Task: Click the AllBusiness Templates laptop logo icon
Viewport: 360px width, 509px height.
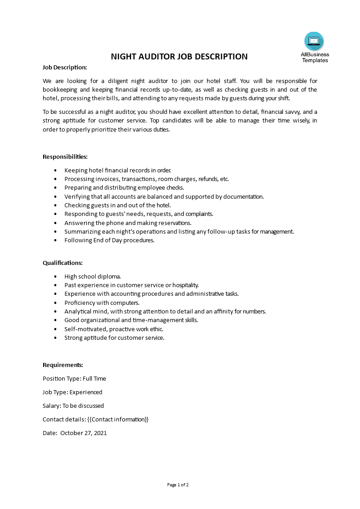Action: tap(314, 41)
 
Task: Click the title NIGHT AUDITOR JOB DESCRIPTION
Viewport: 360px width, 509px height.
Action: tap(180, 57)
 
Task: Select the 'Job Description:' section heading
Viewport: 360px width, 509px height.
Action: tap(64, 67)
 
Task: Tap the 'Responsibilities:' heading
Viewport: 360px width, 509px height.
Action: tap(65, 157)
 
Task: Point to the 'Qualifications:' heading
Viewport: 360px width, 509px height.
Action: tap(63, 263)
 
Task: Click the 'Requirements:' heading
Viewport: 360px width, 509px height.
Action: tap(63, 365)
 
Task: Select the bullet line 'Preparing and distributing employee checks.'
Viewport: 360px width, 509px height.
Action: tap(124, 188)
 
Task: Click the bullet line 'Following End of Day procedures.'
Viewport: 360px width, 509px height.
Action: tap(109, 240)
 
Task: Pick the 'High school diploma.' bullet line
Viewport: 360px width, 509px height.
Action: tap(93, 276)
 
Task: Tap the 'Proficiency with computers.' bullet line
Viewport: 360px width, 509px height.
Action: tap(102, 303)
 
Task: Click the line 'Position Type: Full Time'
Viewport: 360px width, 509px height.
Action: tap(74, 378)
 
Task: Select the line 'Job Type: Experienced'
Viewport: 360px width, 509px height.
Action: tap(73, 392)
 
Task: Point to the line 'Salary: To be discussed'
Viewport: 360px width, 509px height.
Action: tap(73, 406)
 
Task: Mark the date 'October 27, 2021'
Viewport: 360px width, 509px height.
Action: tap(84, 433)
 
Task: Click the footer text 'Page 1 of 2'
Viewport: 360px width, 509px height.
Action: tap(178, 485)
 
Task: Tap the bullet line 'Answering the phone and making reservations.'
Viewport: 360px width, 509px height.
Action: tap(128, 223)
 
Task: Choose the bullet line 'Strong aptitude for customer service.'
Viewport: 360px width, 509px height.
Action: tap(114, 338)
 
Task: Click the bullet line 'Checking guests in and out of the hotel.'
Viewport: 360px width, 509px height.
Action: tap(118, 205)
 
